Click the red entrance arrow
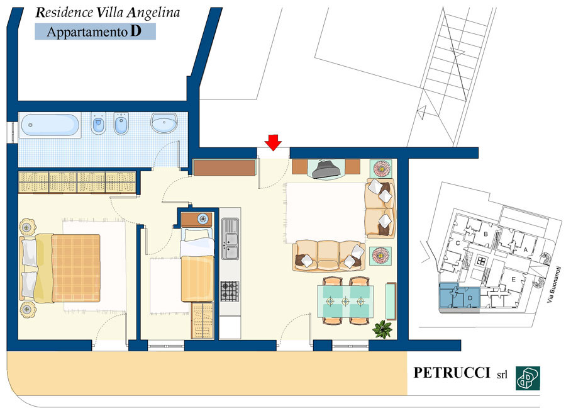[x=274, y=142]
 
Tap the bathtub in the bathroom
[x=50, y=125]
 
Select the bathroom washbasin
[x=164, y=123]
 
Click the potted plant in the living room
[x=382, y=329]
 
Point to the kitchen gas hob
[x=230, y=291]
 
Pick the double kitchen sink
[x=230, y=239]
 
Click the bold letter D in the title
[x=136, y=31]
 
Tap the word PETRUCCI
[x=452, y=373]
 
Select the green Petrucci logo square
[x=528, y=378]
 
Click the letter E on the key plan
[x=514, y=280]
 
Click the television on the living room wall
[x=326, y=169]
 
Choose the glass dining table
[x=345, y=301]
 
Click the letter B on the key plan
[x=486, y=234]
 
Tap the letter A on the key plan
[x=526, y=249]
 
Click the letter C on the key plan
[x=457, y=243]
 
